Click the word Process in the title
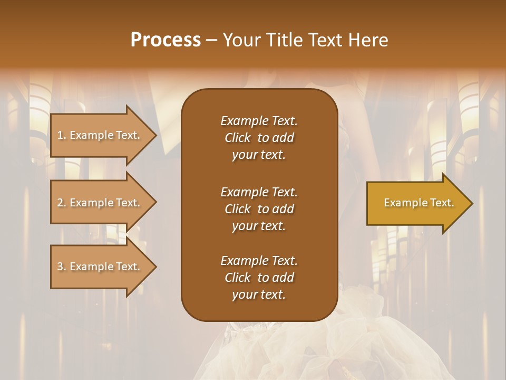point(166,40)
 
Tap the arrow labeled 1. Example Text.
point(100,136)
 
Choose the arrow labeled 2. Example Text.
point(100,203)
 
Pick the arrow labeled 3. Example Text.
point(100,267)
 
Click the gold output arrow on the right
point(416,203)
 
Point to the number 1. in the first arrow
point(62,136)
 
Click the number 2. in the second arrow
point(62,203)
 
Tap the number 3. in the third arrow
point(62,267)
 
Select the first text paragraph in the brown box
point(259,138)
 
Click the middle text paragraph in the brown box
point(259,209)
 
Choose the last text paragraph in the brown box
point(259,278)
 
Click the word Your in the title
point(243,40)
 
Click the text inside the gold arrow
point(419,203)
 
